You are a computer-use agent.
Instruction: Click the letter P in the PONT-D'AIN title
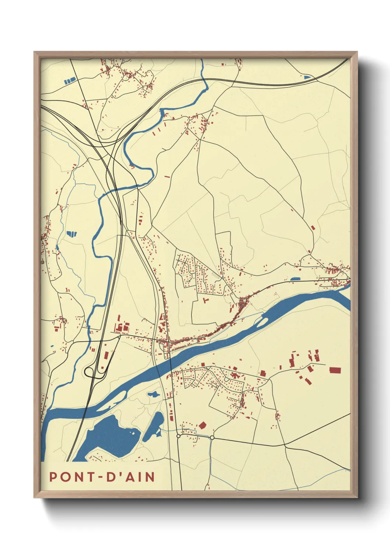(x=53, y=477)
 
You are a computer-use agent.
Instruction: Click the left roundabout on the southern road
(x=178, y=436)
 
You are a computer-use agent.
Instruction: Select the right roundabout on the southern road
(x=212, y=438)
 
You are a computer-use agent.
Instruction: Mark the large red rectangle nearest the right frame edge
(x=335, y=370)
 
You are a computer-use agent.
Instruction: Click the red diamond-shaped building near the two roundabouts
(x=202, y=425)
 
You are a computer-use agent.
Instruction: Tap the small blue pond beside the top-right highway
(x=307, y=77)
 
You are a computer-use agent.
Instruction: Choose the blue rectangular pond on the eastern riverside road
(x=295, y=279)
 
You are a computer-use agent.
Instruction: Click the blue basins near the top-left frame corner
(x=70, y=80)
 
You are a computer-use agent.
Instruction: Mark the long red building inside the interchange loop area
(x=106, y=355)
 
